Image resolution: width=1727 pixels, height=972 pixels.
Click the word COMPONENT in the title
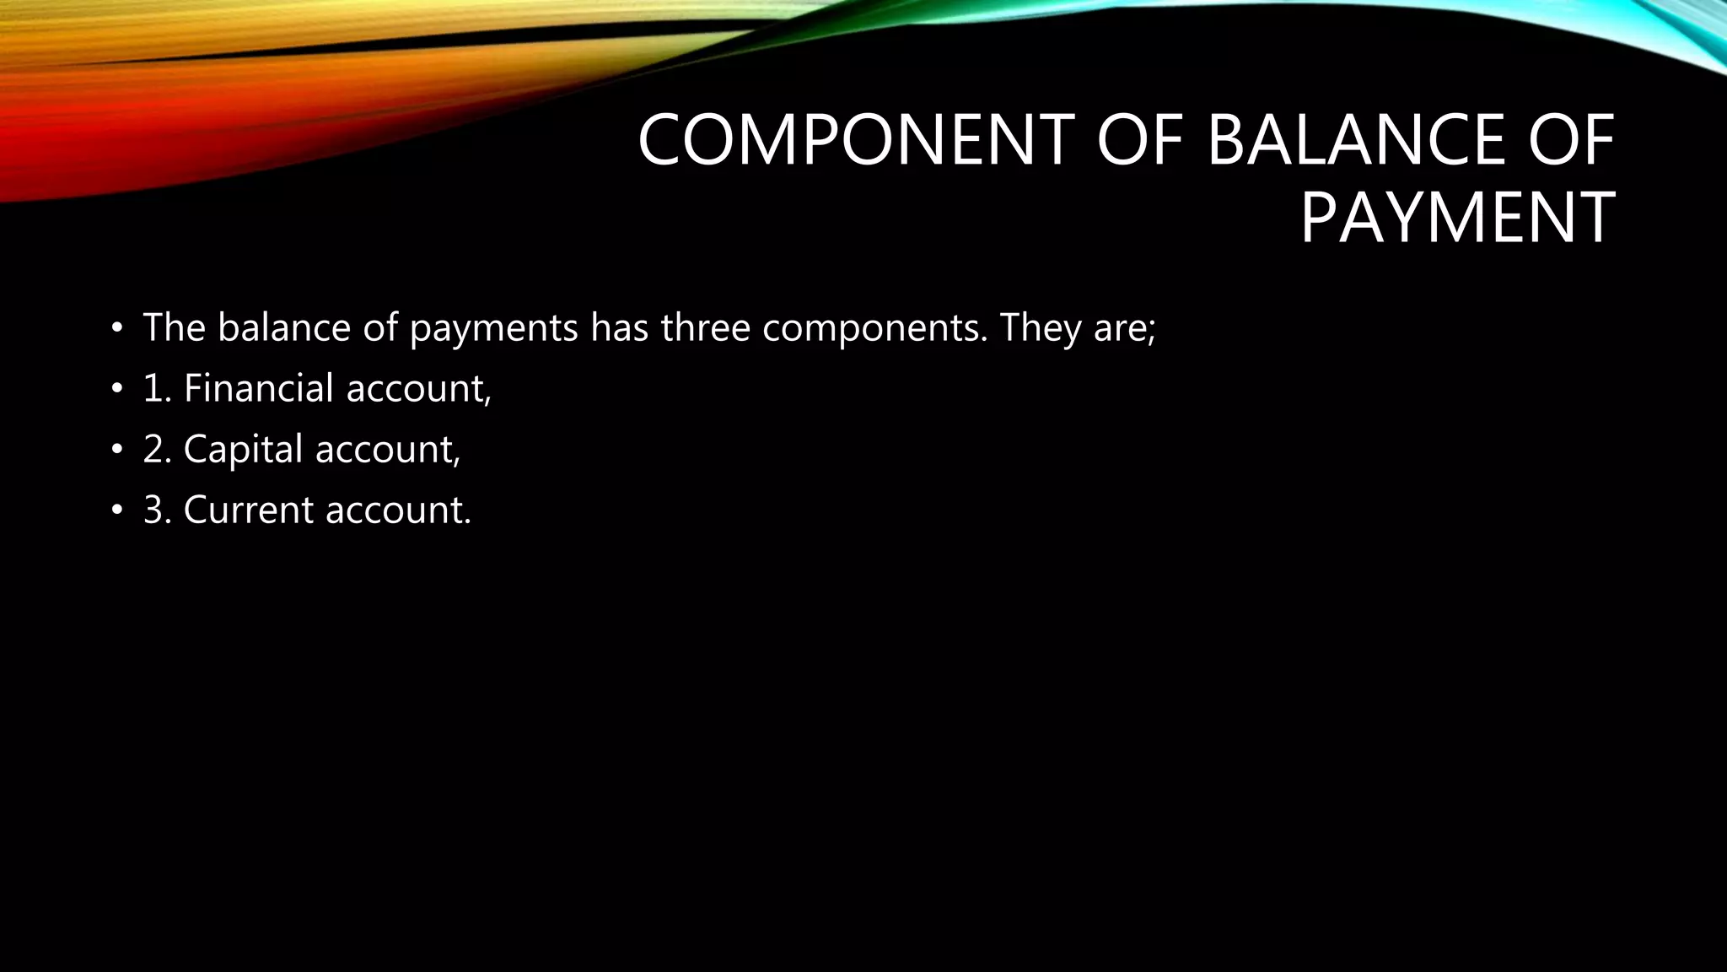[855, 140]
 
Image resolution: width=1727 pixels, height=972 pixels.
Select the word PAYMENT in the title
[1457, 219]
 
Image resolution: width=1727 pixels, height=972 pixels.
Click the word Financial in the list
[259, 388]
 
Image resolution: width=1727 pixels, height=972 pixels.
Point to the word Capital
[243, 449]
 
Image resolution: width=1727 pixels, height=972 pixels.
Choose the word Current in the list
[249, 510]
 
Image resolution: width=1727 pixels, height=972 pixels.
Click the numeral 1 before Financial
[152, 389]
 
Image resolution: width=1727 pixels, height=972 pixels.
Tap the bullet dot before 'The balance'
[116, 328]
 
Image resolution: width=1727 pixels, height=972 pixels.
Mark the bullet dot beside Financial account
[116, 389]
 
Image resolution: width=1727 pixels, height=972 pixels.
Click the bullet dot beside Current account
[116, 510]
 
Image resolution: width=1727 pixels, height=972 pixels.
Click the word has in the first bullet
[619, 327]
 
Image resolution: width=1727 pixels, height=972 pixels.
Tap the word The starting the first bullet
[175, 327]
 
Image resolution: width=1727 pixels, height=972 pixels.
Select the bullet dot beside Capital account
[116, 450]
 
